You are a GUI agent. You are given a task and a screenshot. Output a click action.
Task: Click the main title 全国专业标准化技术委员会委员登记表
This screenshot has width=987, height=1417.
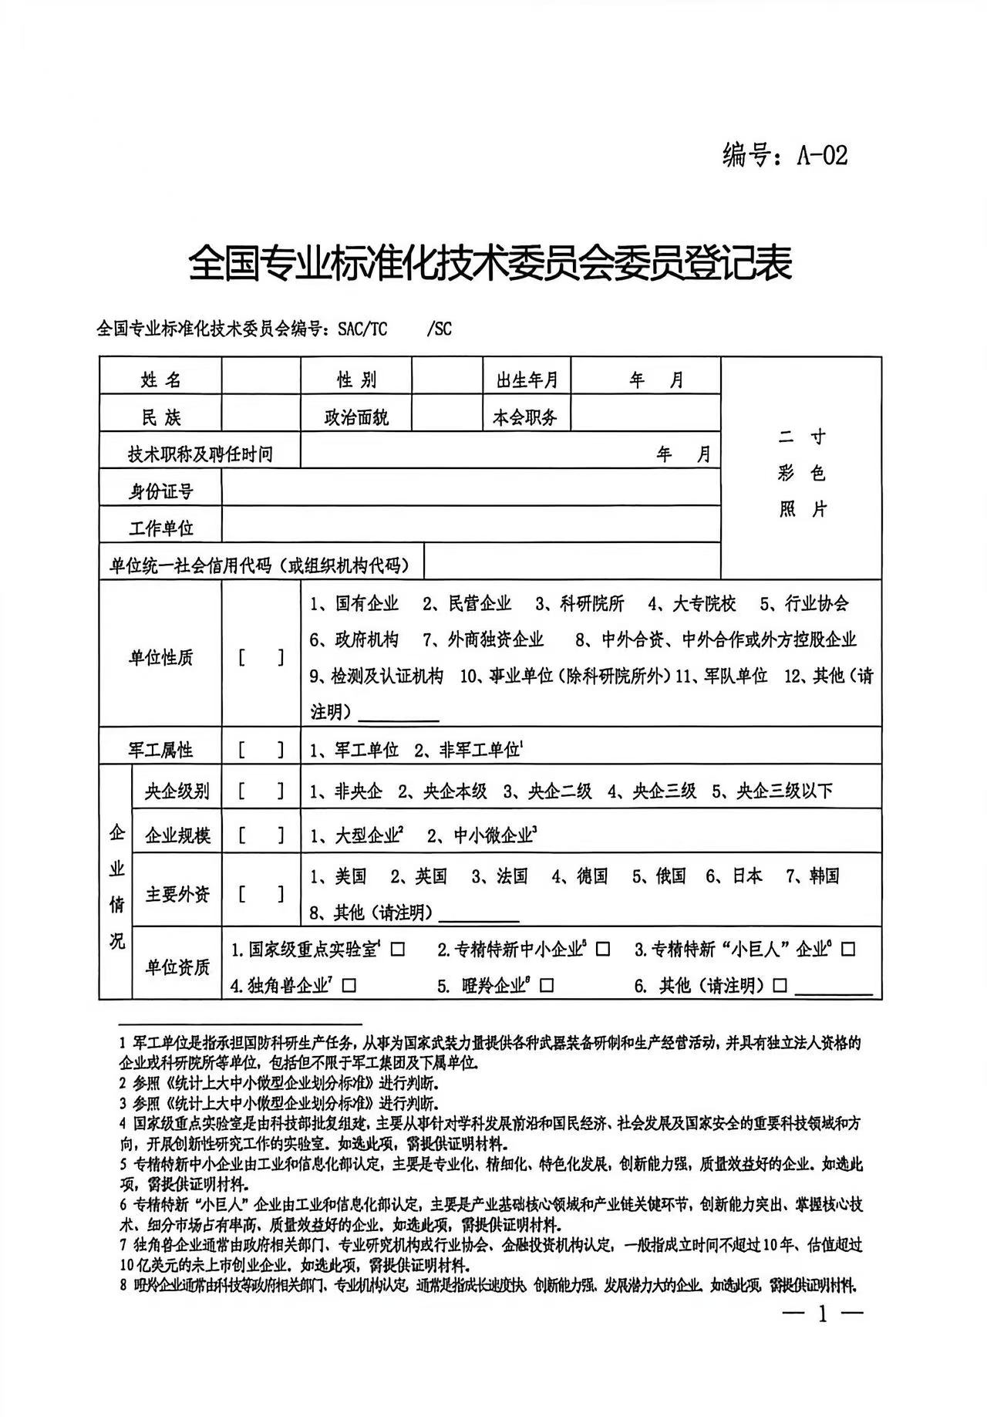[x=490, y=265]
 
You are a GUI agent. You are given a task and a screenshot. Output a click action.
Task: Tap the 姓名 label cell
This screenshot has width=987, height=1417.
[x=160, y=380]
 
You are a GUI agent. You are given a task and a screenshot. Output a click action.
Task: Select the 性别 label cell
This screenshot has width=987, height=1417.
[x=356, y=380]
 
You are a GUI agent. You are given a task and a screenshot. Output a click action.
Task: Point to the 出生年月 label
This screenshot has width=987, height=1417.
[x=527, y=380]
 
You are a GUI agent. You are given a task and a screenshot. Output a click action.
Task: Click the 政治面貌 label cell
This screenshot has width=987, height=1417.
[x=356, y=417]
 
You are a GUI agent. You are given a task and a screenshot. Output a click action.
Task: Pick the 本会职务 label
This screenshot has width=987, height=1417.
[x=524, y=417]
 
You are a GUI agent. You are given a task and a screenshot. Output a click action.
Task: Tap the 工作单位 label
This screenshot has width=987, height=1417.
[x=160, y=528]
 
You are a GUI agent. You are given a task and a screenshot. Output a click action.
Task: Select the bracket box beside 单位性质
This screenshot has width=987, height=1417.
[x=261, y=658]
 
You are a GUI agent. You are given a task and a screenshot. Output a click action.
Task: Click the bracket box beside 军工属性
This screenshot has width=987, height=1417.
[x=261, y=749]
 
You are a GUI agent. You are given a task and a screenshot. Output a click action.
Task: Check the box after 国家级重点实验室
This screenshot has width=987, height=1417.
[x=397, y=950]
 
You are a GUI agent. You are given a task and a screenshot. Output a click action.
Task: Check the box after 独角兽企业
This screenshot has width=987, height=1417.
[x=349, y=985]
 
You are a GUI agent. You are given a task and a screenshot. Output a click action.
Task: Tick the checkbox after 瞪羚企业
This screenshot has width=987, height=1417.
[x=547, y=985]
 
